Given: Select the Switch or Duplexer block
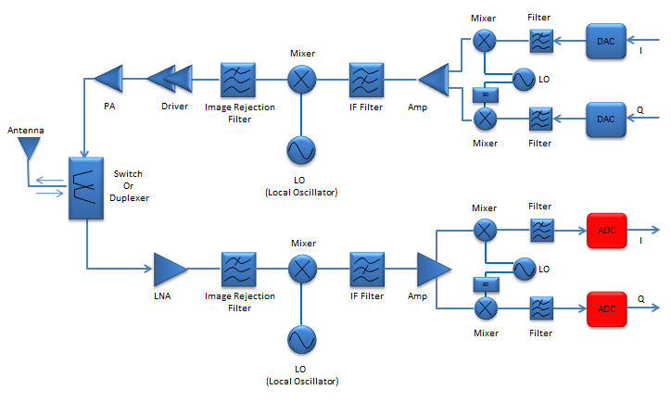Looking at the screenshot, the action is [86, 188].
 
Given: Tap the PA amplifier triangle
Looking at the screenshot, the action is [108, 79].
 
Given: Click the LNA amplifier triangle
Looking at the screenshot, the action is [171, 269].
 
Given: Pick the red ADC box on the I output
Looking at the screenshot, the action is [607, 231].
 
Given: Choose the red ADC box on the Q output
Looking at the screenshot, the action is [607, 308].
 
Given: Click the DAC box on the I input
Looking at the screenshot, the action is [606, 41].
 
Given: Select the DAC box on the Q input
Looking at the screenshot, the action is [606, 119].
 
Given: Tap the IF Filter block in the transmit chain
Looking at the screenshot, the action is [366, 80].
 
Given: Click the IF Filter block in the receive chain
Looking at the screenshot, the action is [367, 270].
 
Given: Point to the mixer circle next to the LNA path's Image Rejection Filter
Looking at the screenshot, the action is [302, 269].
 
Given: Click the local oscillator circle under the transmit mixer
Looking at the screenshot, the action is [301, 150].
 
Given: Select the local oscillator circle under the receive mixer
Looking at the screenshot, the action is [302, 340].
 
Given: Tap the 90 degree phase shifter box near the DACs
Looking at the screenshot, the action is [486, 94].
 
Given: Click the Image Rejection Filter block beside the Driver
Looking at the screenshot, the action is [238, 80].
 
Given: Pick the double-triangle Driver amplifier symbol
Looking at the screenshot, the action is [170, 79].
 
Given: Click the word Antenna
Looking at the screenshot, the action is [26, 130].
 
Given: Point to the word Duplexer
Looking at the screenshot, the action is [129, 198].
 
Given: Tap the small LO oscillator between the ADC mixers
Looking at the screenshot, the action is [525, 269].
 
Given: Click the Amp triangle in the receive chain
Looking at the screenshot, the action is [434, 270].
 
